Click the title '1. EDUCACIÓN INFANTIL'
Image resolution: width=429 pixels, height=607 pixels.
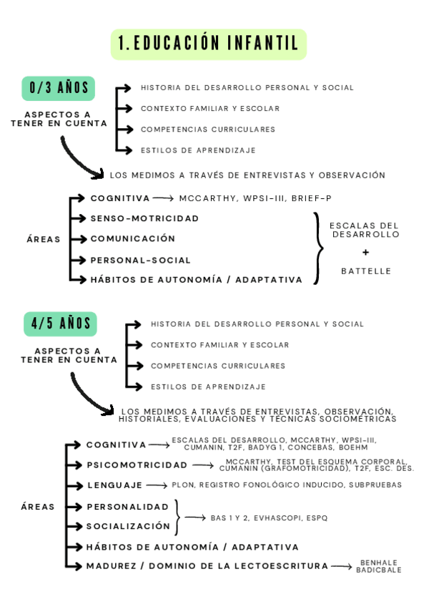coord(208,44)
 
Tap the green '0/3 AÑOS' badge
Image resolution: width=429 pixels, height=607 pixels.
coord(59,88)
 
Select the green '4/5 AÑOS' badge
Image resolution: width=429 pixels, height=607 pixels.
coord(60,324)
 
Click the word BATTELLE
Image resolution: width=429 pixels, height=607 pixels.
coord(366,271)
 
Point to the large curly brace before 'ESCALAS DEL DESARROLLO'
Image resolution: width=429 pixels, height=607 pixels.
coord(318,248)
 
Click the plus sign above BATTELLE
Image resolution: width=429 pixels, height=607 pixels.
coord(365,252)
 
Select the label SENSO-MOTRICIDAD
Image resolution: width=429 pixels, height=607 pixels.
coord(144,218)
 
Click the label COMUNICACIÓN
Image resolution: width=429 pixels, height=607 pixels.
coord(132,238)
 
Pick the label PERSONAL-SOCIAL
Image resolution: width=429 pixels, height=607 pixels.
coord(140,260)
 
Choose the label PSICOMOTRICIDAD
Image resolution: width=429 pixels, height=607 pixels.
coord(137,465)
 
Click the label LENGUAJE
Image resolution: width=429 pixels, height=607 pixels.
coord(114,485)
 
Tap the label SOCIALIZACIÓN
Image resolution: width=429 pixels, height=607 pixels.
coord(128,526)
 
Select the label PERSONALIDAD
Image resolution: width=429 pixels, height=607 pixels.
coord(127,506)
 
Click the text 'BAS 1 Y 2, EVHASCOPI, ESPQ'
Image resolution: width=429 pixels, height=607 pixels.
coord(269,518)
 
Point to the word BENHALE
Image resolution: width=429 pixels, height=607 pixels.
coord(378,563)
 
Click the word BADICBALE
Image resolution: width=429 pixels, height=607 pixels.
coord(378,570)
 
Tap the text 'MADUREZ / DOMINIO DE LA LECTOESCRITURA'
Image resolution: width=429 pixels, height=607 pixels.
coord(207,566)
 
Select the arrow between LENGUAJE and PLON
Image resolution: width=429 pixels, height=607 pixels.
coord(157,485)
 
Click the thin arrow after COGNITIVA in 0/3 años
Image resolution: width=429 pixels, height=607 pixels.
coord(163,198)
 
